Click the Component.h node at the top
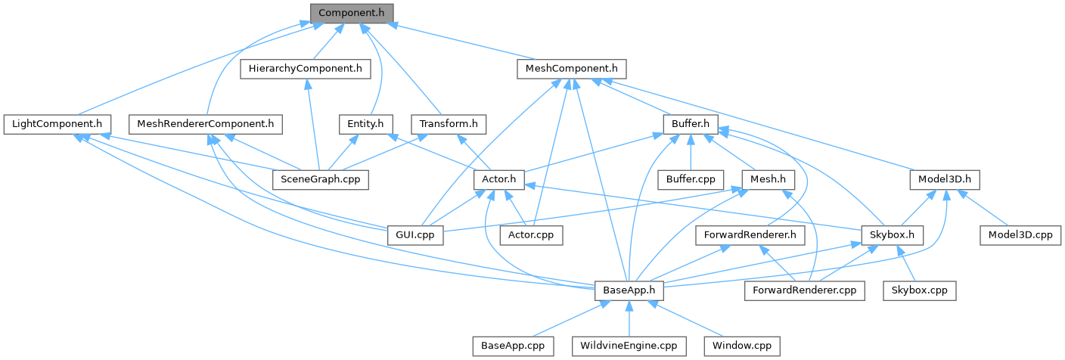[x=352, y=13]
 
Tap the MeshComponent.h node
[x=572, y=69]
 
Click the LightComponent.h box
[x=57, y=123]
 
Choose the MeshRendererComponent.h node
[x=205, y=123]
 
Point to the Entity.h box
[x=365, y=123]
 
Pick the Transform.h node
[x=449, y=123]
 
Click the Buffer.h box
[x=688, y=123]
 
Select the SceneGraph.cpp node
[x=320, y=179]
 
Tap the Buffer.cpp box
[x=691, y=179]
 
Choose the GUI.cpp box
[x=415, y=234]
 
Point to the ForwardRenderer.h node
[x=749, y=234]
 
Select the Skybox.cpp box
[x=919, y=290]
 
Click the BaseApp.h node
[x=629, y=290]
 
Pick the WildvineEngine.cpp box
[x=629, y=346]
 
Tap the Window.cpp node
[x=741, y=346]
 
